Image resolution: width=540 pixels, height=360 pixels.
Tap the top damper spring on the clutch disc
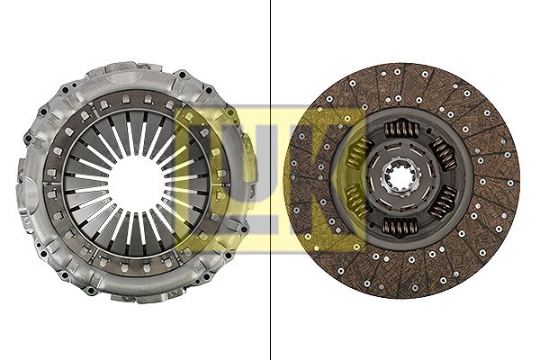pyautogui.click(x=401, y=130)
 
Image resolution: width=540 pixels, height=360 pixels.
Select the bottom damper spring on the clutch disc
pyautogui.click(x=400, y=228)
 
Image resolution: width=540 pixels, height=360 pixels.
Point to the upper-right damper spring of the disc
pyautogui.click(x=443, y=153)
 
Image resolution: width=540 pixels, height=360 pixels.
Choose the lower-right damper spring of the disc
pyautogui.click(x=443, y=202)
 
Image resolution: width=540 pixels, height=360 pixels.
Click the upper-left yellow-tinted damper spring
pyautogui.click(x=358, y=154)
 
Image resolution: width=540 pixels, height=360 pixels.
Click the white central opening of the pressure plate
pyautogui.click(x=137, y=179)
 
